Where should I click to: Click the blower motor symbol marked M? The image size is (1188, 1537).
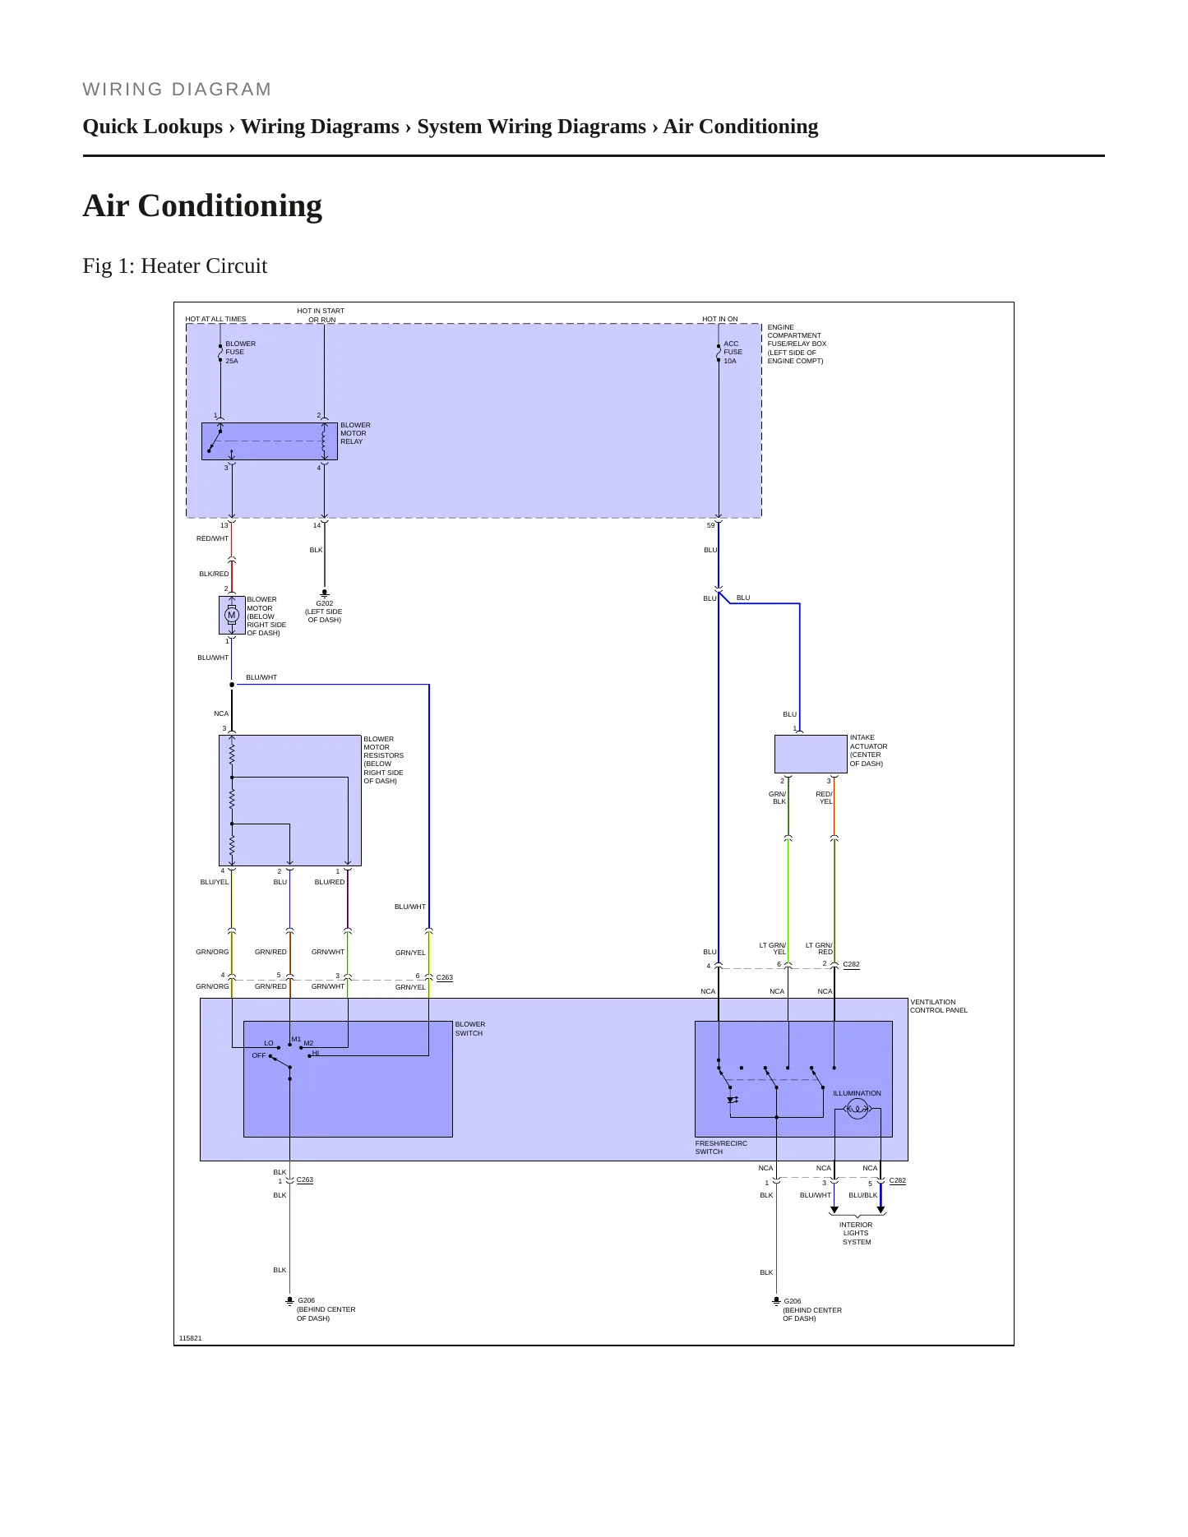coord(232,615)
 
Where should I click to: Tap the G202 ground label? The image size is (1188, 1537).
coord(324,603)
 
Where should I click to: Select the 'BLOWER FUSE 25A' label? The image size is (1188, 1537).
coord(240,353)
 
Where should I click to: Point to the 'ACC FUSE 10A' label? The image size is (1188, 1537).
coord(733,353)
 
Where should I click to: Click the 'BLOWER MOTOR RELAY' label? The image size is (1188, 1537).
coord(355,433)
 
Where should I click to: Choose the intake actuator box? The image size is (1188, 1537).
coord(811,754)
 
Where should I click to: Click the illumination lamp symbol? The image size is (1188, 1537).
coord(857,1110)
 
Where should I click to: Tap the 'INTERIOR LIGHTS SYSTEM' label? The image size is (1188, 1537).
coord(856,1233)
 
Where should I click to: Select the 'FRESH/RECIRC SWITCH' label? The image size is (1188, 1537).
coord(721,1147)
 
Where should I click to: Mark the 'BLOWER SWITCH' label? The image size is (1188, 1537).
coord(470,1029)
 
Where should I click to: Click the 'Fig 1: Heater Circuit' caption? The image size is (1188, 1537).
coord(175,265)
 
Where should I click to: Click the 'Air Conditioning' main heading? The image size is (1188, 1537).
coord(202,205)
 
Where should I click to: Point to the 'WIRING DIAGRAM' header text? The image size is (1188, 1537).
coord(177,89)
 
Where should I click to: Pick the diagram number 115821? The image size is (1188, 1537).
coord(190,1338)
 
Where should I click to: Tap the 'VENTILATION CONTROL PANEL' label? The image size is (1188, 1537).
coord(939,1006)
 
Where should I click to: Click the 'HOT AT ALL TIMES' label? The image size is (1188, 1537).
coord(215,319)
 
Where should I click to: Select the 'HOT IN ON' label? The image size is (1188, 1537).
coord(720,319)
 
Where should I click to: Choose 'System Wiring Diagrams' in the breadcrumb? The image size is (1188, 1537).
coord(531,127)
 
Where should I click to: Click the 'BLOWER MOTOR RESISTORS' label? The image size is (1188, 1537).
coord(384,759)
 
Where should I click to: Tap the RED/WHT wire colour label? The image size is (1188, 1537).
coord(212,538)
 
